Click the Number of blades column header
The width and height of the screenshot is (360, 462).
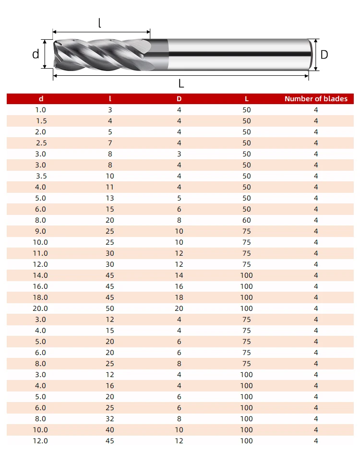(x=316, y=99)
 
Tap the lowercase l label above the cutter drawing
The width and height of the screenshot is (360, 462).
(x=100, y=23)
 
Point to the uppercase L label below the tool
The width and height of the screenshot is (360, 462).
(x=181, y=83)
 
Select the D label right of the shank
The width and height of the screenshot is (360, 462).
(x=324, y=55)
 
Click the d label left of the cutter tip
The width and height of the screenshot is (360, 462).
(x=36, y=54)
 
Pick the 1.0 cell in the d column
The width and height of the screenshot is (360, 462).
(x=41, y=110)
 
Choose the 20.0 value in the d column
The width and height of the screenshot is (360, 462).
(x=40, y=308)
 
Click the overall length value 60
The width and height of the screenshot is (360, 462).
(x=247, y=220)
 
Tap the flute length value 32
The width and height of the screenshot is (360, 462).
(x=110, y=419)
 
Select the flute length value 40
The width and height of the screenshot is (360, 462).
(x=110, y=430)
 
